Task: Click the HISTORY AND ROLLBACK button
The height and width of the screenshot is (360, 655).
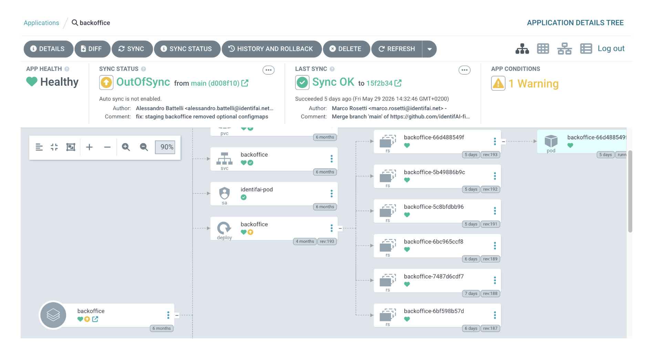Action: tap(271, 49)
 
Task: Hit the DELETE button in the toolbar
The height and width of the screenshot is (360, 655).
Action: tap(346, 49)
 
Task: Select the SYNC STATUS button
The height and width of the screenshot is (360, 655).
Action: tap(187, 49)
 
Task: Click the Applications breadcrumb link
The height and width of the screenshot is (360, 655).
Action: tap(41, 23)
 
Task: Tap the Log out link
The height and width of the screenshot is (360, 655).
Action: tap(611, 49)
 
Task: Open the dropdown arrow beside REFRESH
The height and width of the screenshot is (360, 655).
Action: tap(429, 49)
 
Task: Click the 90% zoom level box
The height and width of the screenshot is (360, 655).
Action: tap(165, 147)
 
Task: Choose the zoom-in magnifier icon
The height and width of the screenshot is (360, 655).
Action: tap(126, 147)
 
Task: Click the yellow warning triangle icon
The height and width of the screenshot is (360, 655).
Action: tap(498, 83)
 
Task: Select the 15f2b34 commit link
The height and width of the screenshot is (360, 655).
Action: tap(380, 83)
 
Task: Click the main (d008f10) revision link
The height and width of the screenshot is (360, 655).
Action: tap(215, 83)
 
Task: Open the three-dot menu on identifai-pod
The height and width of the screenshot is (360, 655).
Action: tap(332, 193)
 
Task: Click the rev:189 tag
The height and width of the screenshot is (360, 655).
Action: tap(490, 259)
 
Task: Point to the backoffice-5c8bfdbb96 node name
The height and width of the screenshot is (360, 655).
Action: tap(434, 207)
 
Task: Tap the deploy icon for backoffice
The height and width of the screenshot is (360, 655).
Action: tap(224, 228)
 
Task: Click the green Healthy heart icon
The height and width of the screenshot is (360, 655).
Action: tap(32, 82)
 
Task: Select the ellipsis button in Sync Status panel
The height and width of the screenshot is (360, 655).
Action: tap(269, 70)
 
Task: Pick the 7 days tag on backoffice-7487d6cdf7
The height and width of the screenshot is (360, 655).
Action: tap(471, 294)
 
